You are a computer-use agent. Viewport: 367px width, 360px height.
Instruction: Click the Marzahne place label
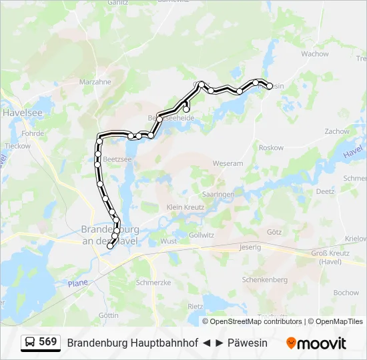(95, 82)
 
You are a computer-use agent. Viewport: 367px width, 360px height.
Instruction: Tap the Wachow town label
(315, 54)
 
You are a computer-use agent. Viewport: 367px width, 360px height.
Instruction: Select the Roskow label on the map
(272, 148)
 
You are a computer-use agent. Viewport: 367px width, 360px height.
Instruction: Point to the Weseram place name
(228, 163)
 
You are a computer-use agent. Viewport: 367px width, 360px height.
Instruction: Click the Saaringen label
(218, 194)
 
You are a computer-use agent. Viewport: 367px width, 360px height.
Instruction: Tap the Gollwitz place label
(202, 235)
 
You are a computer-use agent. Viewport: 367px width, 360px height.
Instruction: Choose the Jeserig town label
(250, 247)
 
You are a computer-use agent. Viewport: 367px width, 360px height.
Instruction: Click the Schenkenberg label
(264, 280)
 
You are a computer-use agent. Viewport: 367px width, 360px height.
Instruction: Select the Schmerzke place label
(153, 283)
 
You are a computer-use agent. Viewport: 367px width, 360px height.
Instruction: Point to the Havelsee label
(22, 113)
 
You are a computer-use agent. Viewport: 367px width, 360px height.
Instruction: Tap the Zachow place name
(337, 132)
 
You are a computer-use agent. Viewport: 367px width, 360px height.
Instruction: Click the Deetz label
(325, 191)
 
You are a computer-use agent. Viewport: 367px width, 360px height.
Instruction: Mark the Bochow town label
(346, 293)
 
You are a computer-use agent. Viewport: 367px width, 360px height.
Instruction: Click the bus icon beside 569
(31, 343)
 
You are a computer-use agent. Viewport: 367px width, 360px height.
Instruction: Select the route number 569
(48, 342)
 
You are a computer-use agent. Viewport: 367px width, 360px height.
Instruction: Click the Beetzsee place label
(117, 160)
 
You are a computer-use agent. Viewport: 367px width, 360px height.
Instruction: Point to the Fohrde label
(33, 133)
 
